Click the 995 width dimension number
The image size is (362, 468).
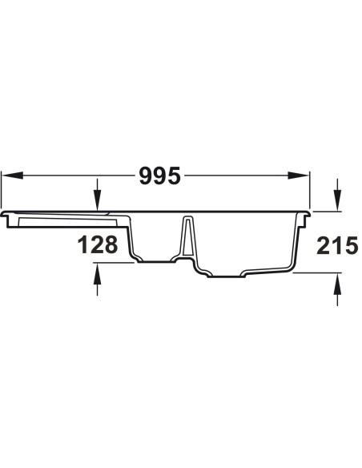[x=160, y=175]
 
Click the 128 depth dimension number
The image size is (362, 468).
[x=98, y=244]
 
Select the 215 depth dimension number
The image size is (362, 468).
[x=337, y=246]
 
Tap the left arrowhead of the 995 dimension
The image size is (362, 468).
[x=13, y=175]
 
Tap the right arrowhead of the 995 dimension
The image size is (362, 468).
[x=298, y=175]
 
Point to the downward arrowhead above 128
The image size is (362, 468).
[x=97, y=201]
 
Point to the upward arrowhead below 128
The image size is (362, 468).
[x=97, y=274]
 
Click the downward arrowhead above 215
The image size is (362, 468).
[x=337, y=201]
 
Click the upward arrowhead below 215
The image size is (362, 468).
[x=337, y=284]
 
